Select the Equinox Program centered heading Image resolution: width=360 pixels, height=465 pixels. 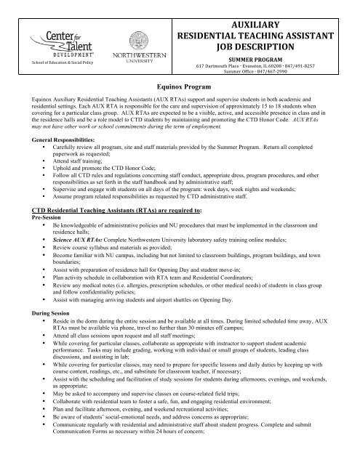coord(180,85)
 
